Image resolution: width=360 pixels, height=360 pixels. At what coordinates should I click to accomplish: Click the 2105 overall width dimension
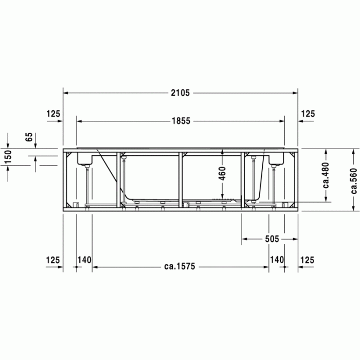point(181,93)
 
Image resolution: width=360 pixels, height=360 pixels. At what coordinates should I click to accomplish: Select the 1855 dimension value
point(181,121)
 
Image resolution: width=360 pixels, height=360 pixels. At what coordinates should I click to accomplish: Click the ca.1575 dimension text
point(180,267)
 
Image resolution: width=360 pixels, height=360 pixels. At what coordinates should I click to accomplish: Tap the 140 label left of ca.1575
point(84,260)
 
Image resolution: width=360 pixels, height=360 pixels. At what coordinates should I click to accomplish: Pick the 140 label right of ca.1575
point(277,260)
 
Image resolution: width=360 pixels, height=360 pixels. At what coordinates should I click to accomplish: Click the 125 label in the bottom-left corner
point(53,260)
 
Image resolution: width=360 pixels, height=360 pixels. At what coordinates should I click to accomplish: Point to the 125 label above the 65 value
point(53,114)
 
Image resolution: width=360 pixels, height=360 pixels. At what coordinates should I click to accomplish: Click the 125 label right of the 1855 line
point(308,114)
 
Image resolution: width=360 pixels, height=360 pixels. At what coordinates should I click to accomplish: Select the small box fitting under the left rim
point(85,159)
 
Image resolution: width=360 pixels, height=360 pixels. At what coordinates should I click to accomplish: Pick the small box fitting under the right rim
point(276,159)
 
